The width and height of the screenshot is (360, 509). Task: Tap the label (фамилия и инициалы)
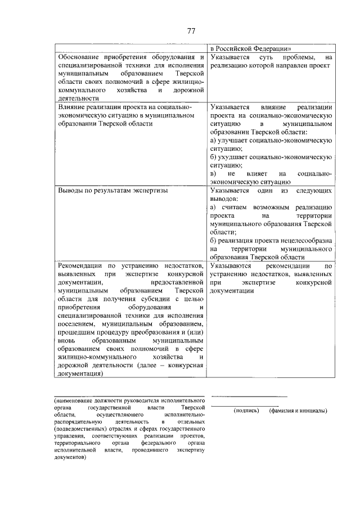pyautogui.click(x=298, y=411)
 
